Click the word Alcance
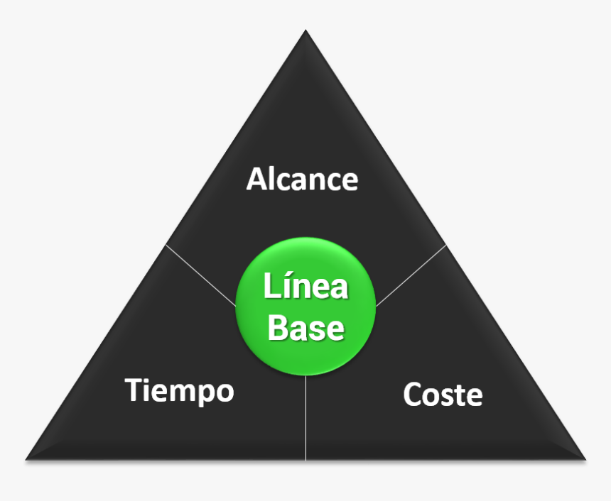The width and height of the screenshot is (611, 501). [x=302, y=180]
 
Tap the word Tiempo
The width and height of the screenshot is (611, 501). [x=180, y=391]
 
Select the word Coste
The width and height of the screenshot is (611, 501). [x=443, y=395]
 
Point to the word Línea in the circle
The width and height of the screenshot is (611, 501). [x=305, y=287]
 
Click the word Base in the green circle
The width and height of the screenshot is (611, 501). [x=306, y=329]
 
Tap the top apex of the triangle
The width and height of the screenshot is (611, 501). [x=305, y=31]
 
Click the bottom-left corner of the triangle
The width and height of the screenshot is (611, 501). [x=27, y=458]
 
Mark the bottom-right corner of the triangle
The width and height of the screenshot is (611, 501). [x=584, y=458]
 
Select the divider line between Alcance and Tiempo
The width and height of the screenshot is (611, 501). [x=201, y=276]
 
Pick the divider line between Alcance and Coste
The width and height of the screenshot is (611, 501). [x=411, y=276]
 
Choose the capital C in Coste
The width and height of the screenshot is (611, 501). [x=412, y=395]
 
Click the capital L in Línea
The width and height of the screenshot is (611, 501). [x=271, y=287]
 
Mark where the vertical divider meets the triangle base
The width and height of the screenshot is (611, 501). [x=306, y=459]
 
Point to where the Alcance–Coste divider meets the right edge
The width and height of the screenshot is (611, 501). [x=445, y=246]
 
